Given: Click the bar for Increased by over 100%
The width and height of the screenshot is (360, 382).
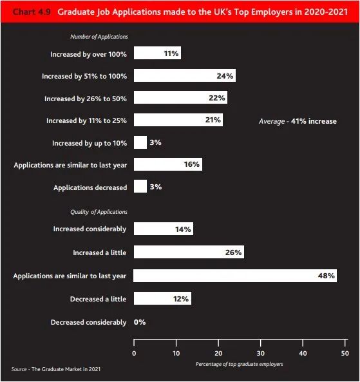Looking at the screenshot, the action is [157, 53].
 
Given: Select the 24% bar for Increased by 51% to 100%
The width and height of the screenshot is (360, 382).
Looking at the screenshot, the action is [185, 75].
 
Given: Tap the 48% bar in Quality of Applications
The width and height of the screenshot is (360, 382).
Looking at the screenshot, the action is [235, 276].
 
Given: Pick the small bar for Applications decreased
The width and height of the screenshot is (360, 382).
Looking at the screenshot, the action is [140, 186].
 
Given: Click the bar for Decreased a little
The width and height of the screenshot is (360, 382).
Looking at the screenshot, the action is [162, 298].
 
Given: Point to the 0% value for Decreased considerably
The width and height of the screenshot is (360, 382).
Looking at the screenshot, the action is [140, 322].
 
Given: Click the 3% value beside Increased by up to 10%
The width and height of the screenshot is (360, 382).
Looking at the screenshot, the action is [155, 142].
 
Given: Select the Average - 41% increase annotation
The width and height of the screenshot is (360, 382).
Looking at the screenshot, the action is [298, 121].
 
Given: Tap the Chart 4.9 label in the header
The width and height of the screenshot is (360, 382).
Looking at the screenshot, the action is [32, 12].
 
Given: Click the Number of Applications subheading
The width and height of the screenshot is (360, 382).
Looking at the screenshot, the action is [99, 37].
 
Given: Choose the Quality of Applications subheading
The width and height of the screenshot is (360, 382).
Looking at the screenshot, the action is [99, 212].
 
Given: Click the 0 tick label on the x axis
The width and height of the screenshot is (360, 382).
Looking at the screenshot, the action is [134, 353].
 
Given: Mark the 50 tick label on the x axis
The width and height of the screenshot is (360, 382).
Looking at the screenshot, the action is [345, 353].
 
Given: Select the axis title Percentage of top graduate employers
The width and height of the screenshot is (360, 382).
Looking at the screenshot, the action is [239, 364].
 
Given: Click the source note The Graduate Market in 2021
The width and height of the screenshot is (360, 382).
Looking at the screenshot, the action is [56, 369].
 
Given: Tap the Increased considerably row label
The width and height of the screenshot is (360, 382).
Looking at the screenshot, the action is [90, 229].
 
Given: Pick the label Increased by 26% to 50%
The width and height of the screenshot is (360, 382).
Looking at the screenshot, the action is [86, 99].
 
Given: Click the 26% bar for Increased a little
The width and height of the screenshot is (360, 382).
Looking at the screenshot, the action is [189, 252].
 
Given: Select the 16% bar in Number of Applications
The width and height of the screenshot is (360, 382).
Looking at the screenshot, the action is [168, 164].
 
